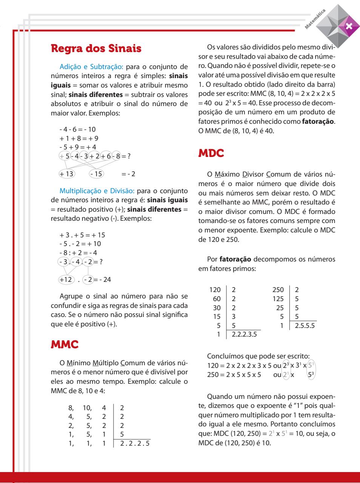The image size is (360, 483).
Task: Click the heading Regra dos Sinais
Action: point(96,48)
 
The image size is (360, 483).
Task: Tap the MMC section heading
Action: point(65,344)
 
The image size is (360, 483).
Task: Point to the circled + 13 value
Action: point(67,174)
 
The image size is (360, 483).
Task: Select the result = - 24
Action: point(102,280)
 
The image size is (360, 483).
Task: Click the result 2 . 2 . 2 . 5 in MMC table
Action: point(134,443)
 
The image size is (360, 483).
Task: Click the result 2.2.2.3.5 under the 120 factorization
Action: point(243,334)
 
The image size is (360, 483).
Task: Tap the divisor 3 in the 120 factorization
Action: point(234,316)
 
